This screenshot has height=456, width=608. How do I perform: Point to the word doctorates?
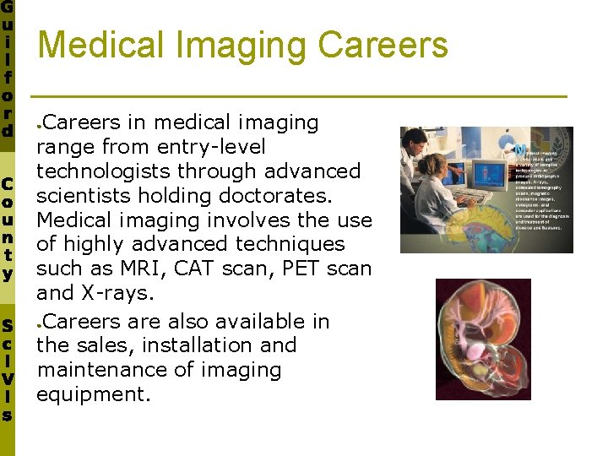click(x=288, y=196)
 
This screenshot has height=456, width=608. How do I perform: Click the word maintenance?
click(x=96, y=370)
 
